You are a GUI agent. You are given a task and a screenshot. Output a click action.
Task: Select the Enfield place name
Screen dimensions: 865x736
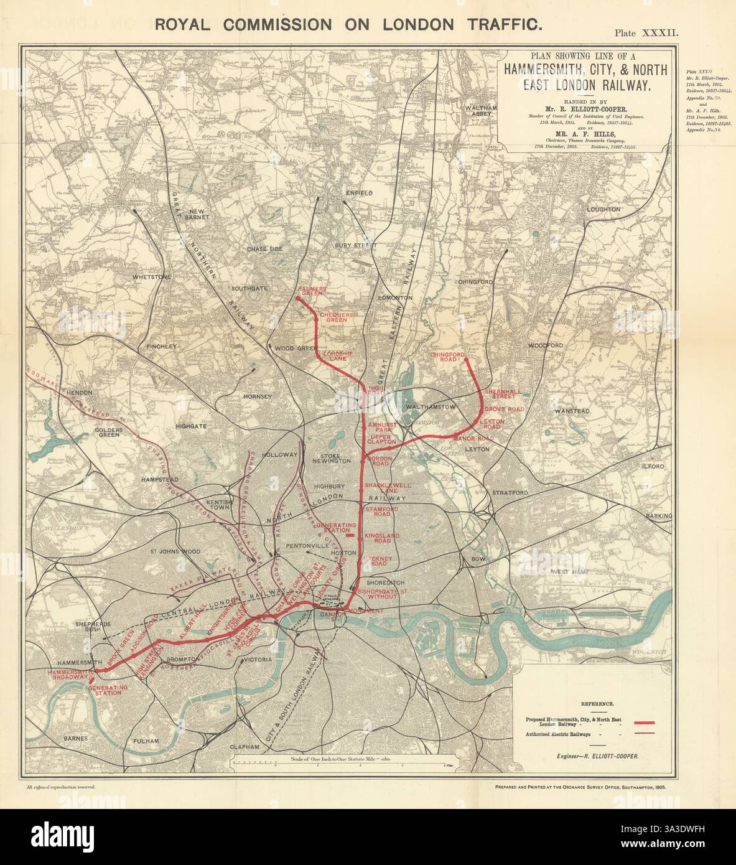tap(359, 194)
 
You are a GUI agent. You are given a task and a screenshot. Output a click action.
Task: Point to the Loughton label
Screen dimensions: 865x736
tap(603, 210)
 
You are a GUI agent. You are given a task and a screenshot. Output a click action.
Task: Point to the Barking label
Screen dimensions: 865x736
tap(659, 516)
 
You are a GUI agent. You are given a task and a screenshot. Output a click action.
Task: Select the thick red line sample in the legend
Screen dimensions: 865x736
tap(644, 722)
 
